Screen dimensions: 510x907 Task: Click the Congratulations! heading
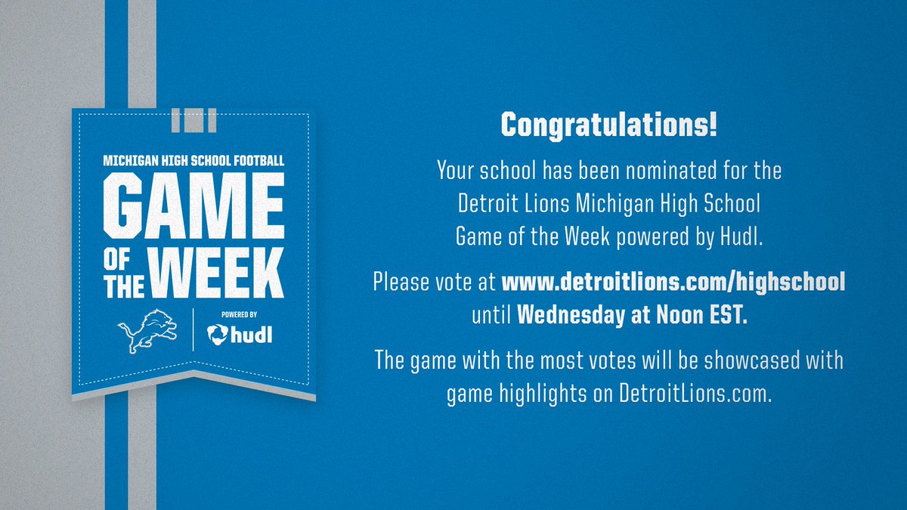609,125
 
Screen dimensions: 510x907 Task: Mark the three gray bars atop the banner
193,119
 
